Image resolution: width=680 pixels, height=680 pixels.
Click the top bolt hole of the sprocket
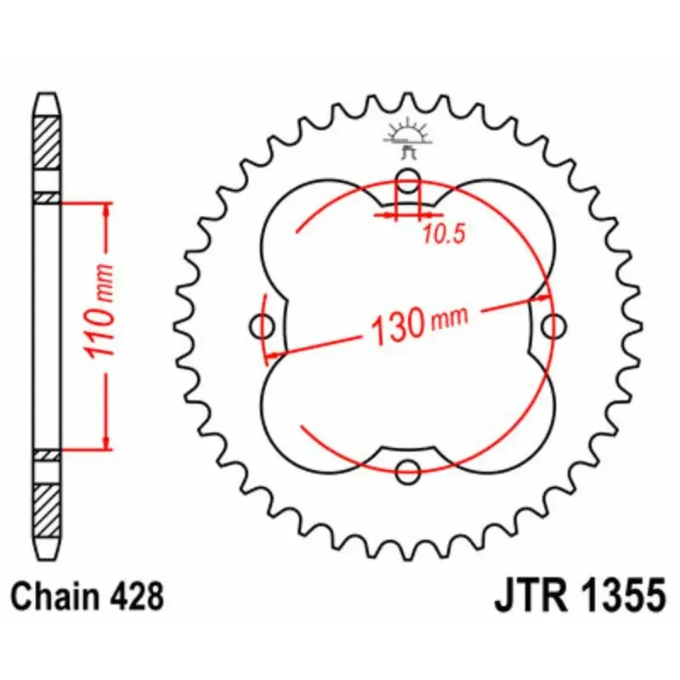[x=409, y=180]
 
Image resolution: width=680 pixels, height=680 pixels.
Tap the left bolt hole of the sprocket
[x=263, y=325]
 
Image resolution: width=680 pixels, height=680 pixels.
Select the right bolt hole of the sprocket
[x=554, y=326]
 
